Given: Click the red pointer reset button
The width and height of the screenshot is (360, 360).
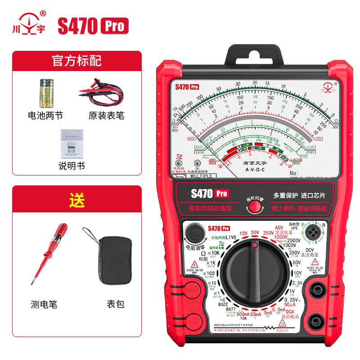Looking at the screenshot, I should tap(255, 207).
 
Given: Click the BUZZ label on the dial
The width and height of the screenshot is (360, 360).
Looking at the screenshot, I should tap(223, 304).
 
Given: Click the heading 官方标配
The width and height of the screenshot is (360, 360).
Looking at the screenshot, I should tap(76, 61).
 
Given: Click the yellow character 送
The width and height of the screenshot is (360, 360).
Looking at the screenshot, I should tap(76, 201).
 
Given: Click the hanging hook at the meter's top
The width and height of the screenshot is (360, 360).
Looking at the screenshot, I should tap(255, 54).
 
